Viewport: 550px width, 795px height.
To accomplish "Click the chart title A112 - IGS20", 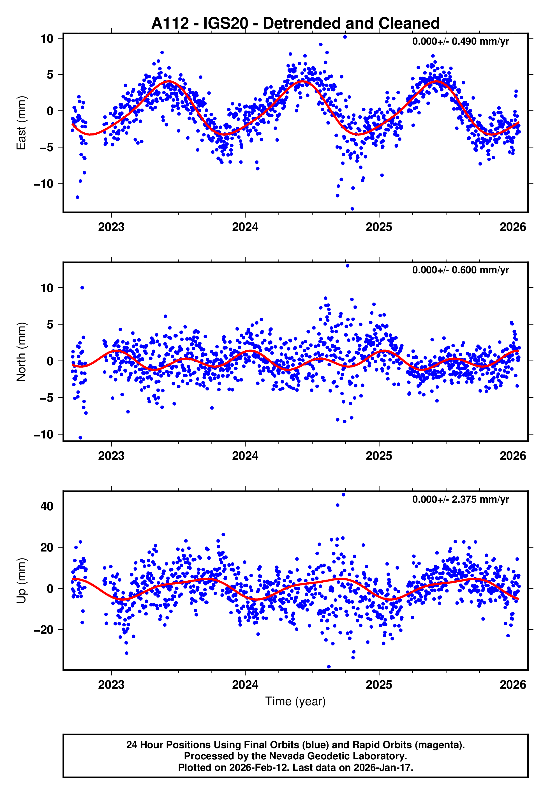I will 295,24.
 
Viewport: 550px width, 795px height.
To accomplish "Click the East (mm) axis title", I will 21,123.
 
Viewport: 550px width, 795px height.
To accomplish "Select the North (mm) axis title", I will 21,352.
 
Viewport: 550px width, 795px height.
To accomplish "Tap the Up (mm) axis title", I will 21,581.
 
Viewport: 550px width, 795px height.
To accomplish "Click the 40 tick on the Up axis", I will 47,506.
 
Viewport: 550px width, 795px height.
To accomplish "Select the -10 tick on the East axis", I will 43,184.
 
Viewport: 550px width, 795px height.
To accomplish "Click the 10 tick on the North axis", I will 47,288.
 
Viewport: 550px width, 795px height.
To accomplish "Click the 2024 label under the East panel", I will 245,227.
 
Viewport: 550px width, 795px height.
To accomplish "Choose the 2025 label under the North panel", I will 379,456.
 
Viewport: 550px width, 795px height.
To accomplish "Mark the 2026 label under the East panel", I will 513,227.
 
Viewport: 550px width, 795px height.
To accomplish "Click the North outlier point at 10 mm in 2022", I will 82,288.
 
